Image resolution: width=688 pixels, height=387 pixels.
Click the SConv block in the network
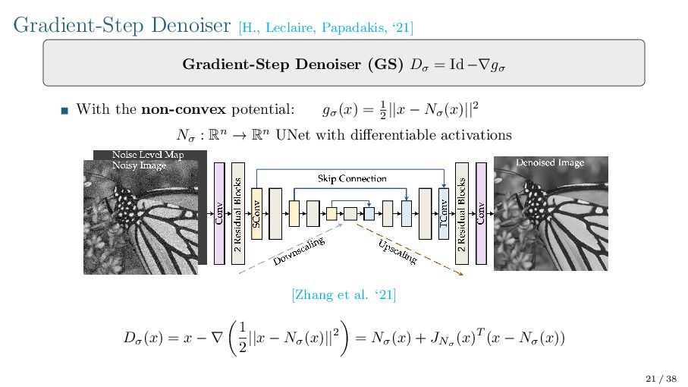(256, 214)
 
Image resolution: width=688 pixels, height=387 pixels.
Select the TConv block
(444, 214)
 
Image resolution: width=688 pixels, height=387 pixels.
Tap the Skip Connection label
(352, 178)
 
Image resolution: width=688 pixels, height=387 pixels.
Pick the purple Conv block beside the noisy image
(220, 214)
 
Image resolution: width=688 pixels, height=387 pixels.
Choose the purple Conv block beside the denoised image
(480, 214)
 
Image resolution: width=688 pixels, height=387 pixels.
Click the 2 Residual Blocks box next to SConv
(237, 214)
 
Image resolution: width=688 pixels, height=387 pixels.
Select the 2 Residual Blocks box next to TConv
(462, 214)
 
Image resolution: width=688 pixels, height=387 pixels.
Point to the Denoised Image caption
(550, 162)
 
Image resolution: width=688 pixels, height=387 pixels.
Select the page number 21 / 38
(660, 378)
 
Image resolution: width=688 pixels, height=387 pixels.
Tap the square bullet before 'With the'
(64, 111)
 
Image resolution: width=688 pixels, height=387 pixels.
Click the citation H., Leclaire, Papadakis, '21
(326, 28)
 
